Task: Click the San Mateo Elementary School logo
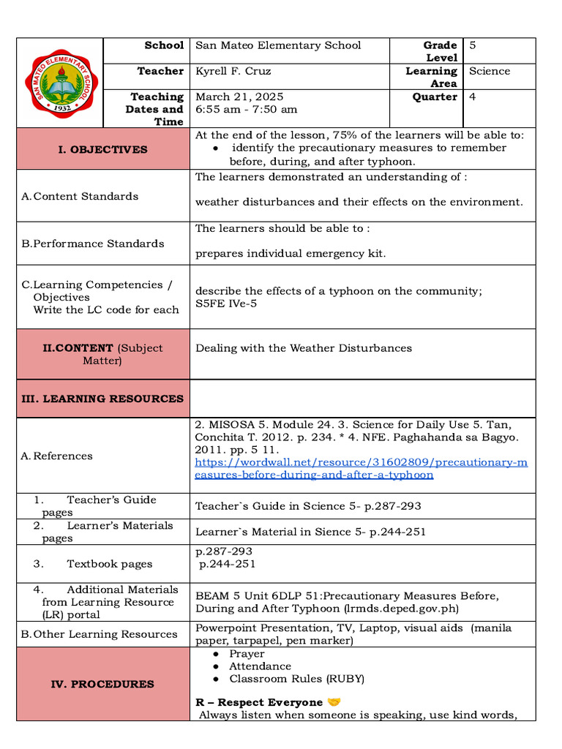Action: pyautogui.click(x=60, y=83)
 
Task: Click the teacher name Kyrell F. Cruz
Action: pyautogui.click(x=231, y=71)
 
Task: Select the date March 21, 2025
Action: pyautogui.click(x=239, y=97)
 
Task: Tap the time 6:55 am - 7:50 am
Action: pyautogui.click(x=246, y=109)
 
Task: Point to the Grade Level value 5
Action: pyautogui.click(x=473, y=45)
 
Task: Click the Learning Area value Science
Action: pyautogui.click(x=489, y=71)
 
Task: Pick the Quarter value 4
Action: pyautogui.click(x=473, y=97)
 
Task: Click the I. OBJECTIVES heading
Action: pyautogui.click(x=102, y=149)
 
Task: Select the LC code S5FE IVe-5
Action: pyautogui.click(x=226, y=303)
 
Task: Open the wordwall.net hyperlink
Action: pyautogui.click(x=361, y=469)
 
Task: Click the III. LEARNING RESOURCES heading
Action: pyautogui.click(x=102, y=399)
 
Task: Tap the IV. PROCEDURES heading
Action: pyautogui.click(x=102, y=684)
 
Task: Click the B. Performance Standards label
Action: pyautogui.click(x=93, y=244)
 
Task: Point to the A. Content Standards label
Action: pyautogui.click(x=80, y=196)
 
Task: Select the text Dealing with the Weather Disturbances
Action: pyautogui.click(x=304, y=348)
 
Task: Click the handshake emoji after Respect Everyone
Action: pyautogui.click(x=334, y=702)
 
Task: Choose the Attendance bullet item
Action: pyautogui.click(x=260, y=666)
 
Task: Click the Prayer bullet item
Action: pyautogui.click(x=247, y=654)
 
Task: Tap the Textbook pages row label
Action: pyautogui.click(x=109, y=564)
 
